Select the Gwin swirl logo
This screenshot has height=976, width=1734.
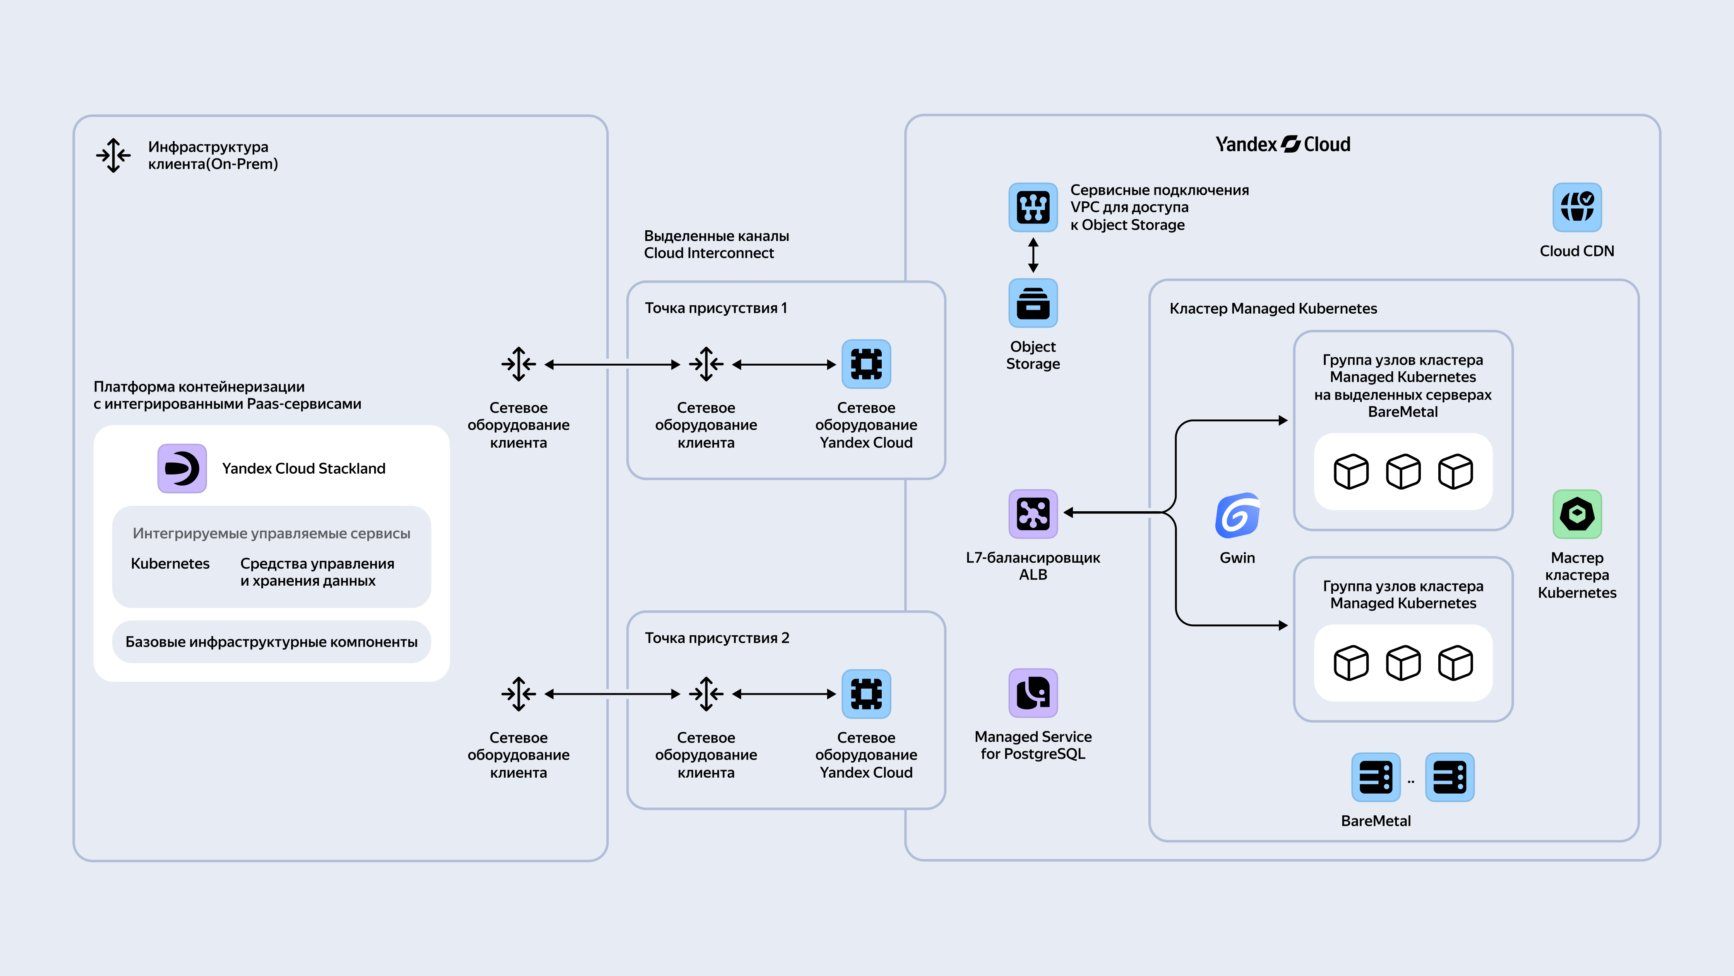click(1237, 515)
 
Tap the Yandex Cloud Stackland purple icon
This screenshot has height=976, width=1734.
click(182, 468)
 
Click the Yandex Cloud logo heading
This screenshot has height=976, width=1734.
click(1282, 144)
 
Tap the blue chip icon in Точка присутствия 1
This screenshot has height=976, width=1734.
click(866, 364)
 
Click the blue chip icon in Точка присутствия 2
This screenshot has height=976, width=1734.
click(866, 694)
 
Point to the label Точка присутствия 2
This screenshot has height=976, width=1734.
click(717, 638)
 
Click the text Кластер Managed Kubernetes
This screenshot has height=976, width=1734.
click(1273, 309)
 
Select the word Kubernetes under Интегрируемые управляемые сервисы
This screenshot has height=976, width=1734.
click(170, 564)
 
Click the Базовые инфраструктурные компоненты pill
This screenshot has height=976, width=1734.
click(271, 642)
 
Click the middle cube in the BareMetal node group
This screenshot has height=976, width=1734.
click(1403, 471)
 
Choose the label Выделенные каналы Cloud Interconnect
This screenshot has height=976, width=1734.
click(716, 244)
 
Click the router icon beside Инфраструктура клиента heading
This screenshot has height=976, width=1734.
click(113, 156)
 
